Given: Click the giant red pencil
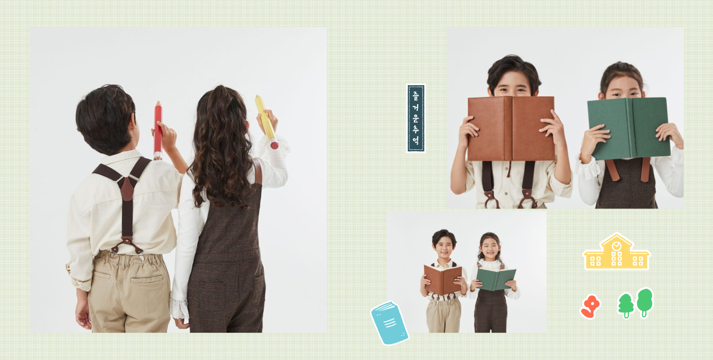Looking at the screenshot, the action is click(158, 130).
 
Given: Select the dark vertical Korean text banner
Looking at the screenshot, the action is click(416, 118).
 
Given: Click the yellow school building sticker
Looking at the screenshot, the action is click(616, 252).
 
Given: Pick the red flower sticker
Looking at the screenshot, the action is click(590, 307).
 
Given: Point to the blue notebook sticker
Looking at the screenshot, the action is click(389, 323).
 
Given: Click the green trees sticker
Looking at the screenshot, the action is click(636, 303).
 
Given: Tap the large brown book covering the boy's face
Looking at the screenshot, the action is click(511, 128).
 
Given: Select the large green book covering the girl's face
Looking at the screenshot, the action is click(628, 128).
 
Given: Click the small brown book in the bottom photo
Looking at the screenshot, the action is click(443, 280).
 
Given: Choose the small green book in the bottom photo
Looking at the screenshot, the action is click(496, 279).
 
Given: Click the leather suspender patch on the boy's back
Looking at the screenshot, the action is click(127, 189).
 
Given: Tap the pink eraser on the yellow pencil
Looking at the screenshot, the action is click(274, 144).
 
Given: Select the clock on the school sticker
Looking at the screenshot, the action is click(617, 246).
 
